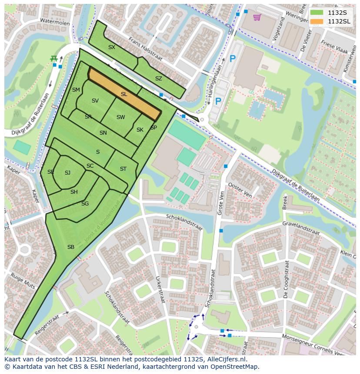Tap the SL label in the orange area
tap(124, 94)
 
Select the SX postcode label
tap(112, 47)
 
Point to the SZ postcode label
tap(158, 79)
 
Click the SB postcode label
tap(71, 247)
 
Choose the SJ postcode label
tap(67, 173)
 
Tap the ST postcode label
tap(123, 169)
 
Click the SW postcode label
tap(120, 117)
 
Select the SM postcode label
tap(76, 90)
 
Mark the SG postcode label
tap(85, 204)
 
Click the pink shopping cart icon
tap(257, 17)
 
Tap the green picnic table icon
tap(54, 58)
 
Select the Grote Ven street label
tap(220, 205)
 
